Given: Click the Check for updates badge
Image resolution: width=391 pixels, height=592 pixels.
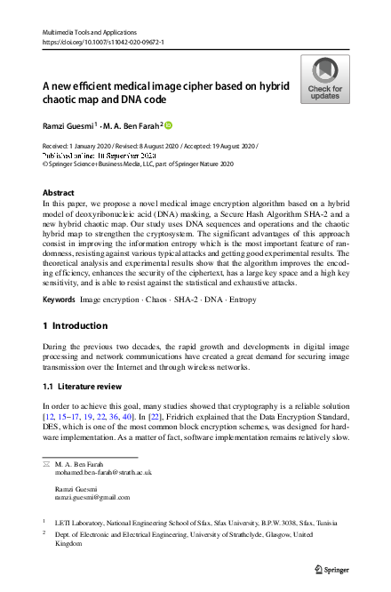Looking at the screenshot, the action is pyautogui.click(x=324, y=80).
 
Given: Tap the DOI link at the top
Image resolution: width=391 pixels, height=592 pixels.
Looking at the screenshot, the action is pyautogui.click(x=102, y=42).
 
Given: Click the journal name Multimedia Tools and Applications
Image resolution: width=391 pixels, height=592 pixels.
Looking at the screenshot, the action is pyautogui.click(x=94, y=31).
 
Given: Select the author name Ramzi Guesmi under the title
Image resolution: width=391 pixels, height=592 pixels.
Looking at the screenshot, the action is pyautogui.click(x=68, y=125).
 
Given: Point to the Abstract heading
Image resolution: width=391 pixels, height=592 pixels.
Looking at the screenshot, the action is pyautogui.click(x=59, y=192).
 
